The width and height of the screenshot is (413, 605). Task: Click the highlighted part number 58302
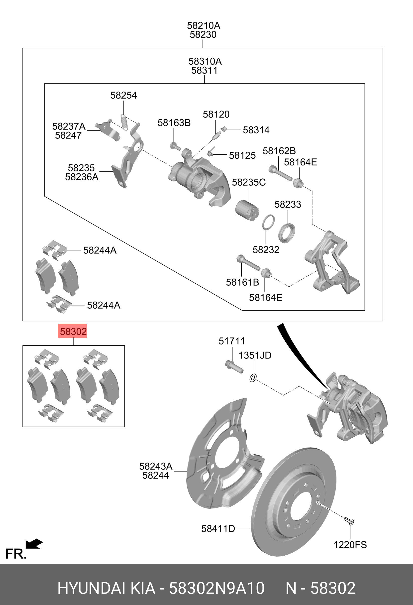(x=73, y=331)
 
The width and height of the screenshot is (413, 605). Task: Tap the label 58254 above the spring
(x=123, y=95)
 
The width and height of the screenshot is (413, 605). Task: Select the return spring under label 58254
(x=124, y=122)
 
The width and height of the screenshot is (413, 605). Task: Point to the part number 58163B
(x=174, y=122)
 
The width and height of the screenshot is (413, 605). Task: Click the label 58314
(x=256, y=130)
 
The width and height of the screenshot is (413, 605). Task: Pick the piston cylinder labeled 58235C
(x=247, y=210)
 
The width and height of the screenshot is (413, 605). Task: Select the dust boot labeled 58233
(x=287, y=233)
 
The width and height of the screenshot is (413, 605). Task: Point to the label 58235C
(x=249, y=182)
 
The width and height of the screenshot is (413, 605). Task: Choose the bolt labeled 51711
(x=234, y=366)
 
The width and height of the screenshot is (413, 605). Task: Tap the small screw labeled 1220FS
(x=349, y=520)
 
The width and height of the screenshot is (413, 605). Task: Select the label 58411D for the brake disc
(x=218, y=529)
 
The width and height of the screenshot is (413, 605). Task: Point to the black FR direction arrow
(x=34, y=544)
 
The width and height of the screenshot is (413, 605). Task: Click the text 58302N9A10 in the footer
(x=216, y=588)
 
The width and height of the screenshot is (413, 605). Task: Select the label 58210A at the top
(x=204, y=25)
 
